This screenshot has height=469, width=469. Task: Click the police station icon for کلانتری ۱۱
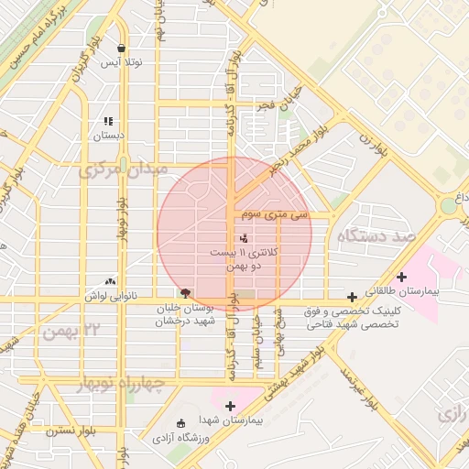[229, 238]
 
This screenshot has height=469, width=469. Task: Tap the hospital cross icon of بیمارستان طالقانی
[401, 277]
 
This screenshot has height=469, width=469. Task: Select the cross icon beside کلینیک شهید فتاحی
[352, 297]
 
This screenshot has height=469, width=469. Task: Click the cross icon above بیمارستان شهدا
[230, 406]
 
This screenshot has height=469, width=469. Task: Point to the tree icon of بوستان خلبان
[186, 294]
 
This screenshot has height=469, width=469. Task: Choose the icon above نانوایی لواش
[111, 282]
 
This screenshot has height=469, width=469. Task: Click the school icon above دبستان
[108, 121]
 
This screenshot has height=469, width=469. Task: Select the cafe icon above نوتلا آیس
[121, 49]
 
